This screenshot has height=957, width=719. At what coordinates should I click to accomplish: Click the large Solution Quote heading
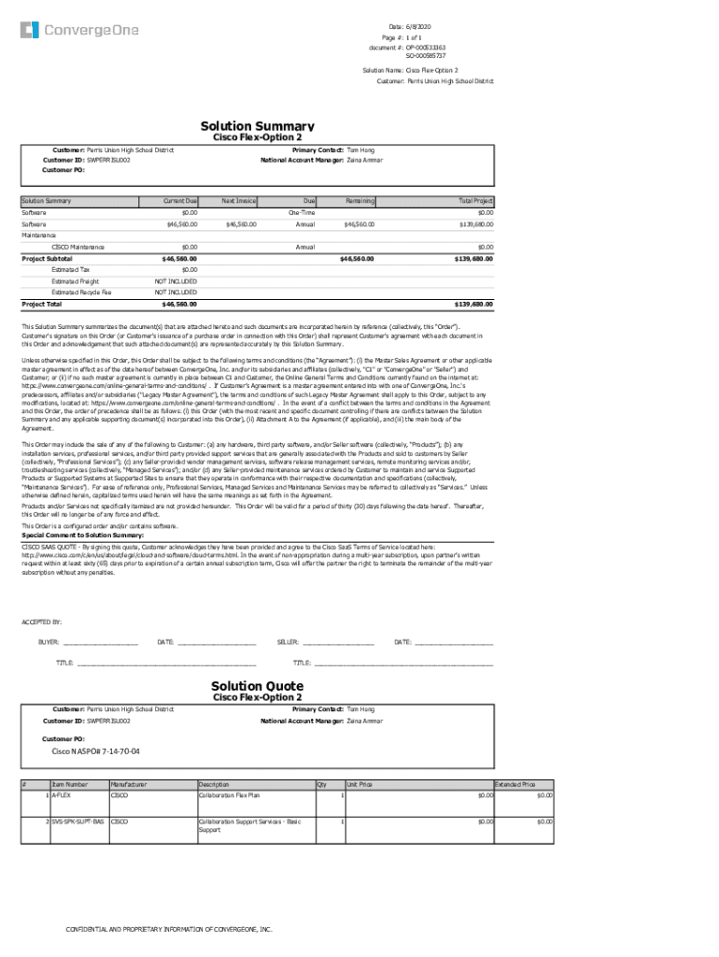pyautogui.click(x=257, y=686)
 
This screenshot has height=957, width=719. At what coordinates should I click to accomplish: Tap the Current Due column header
pyautogui.click(x=179, y=201)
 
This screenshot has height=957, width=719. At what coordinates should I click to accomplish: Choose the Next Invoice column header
pyautogui.click(x=239, y=201)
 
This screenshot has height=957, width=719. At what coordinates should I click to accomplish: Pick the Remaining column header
pyautogui.click(x=359, y=201)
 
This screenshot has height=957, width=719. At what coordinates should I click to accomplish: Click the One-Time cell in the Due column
pyautogui.click(x=301, y=213)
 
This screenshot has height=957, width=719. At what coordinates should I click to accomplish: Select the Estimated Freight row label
pyautogui.click(x=75, y=281)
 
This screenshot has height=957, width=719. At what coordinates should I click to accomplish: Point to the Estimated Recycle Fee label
pyautogui.click(x=81, y=293)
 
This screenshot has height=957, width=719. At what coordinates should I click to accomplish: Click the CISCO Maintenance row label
pyautogui.click(x=78, y=247)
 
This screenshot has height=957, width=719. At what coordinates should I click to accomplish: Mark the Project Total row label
pyautogui.click(x=42, y=304)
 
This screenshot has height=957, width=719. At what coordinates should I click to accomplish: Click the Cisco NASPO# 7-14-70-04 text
pyautogui.click(x=95, y=751)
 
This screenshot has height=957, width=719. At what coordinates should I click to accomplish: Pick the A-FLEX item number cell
pyautogui.click(x=64, y=795)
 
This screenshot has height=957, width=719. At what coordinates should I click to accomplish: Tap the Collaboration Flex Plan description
pyautogui.click(x=229, y=795)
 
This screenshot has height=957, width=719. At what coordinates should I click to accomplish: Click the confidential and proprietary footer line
pyautogui.click(x=168, y=930)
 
